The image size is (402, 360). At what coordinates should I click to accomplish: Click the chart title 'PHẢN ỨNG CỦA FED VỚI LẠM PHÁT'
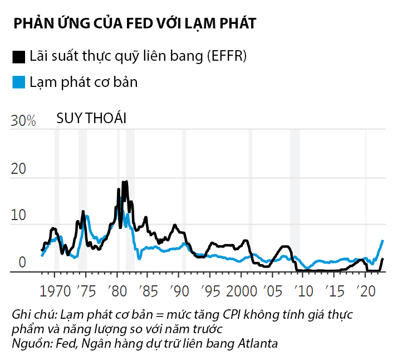[x=134, y=23]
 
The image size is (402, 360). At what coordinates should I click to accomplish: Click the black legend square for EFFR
[x=19, y=56]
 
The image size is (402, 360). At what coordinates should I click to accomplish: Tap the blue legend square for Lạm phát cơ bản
[x=19, y=82]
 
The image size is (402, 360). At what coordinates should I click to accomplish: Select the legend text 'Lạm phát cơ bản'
[x=84, y=82]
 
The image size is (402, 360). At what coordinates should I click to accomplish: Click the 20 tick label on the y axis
[x=18, y=169]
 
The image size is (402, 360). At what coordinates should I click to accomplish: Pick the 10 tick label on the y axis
[x=18, y=216]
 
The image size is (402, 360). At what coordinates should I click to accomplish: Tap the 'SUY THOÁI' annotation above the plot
[x=91, y=119]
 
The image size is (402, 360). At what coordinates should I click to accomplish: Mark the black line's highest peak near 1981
[x=126, y=182]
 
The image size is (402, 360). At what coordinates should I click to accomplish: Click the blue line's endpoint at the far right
[x=383, y=240]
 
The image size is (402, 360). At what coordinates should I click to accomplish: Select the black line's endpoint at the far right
[x=383, y=259]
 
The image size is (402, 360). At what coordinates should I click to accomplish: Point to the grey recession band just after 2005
[x=295, y=201]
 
